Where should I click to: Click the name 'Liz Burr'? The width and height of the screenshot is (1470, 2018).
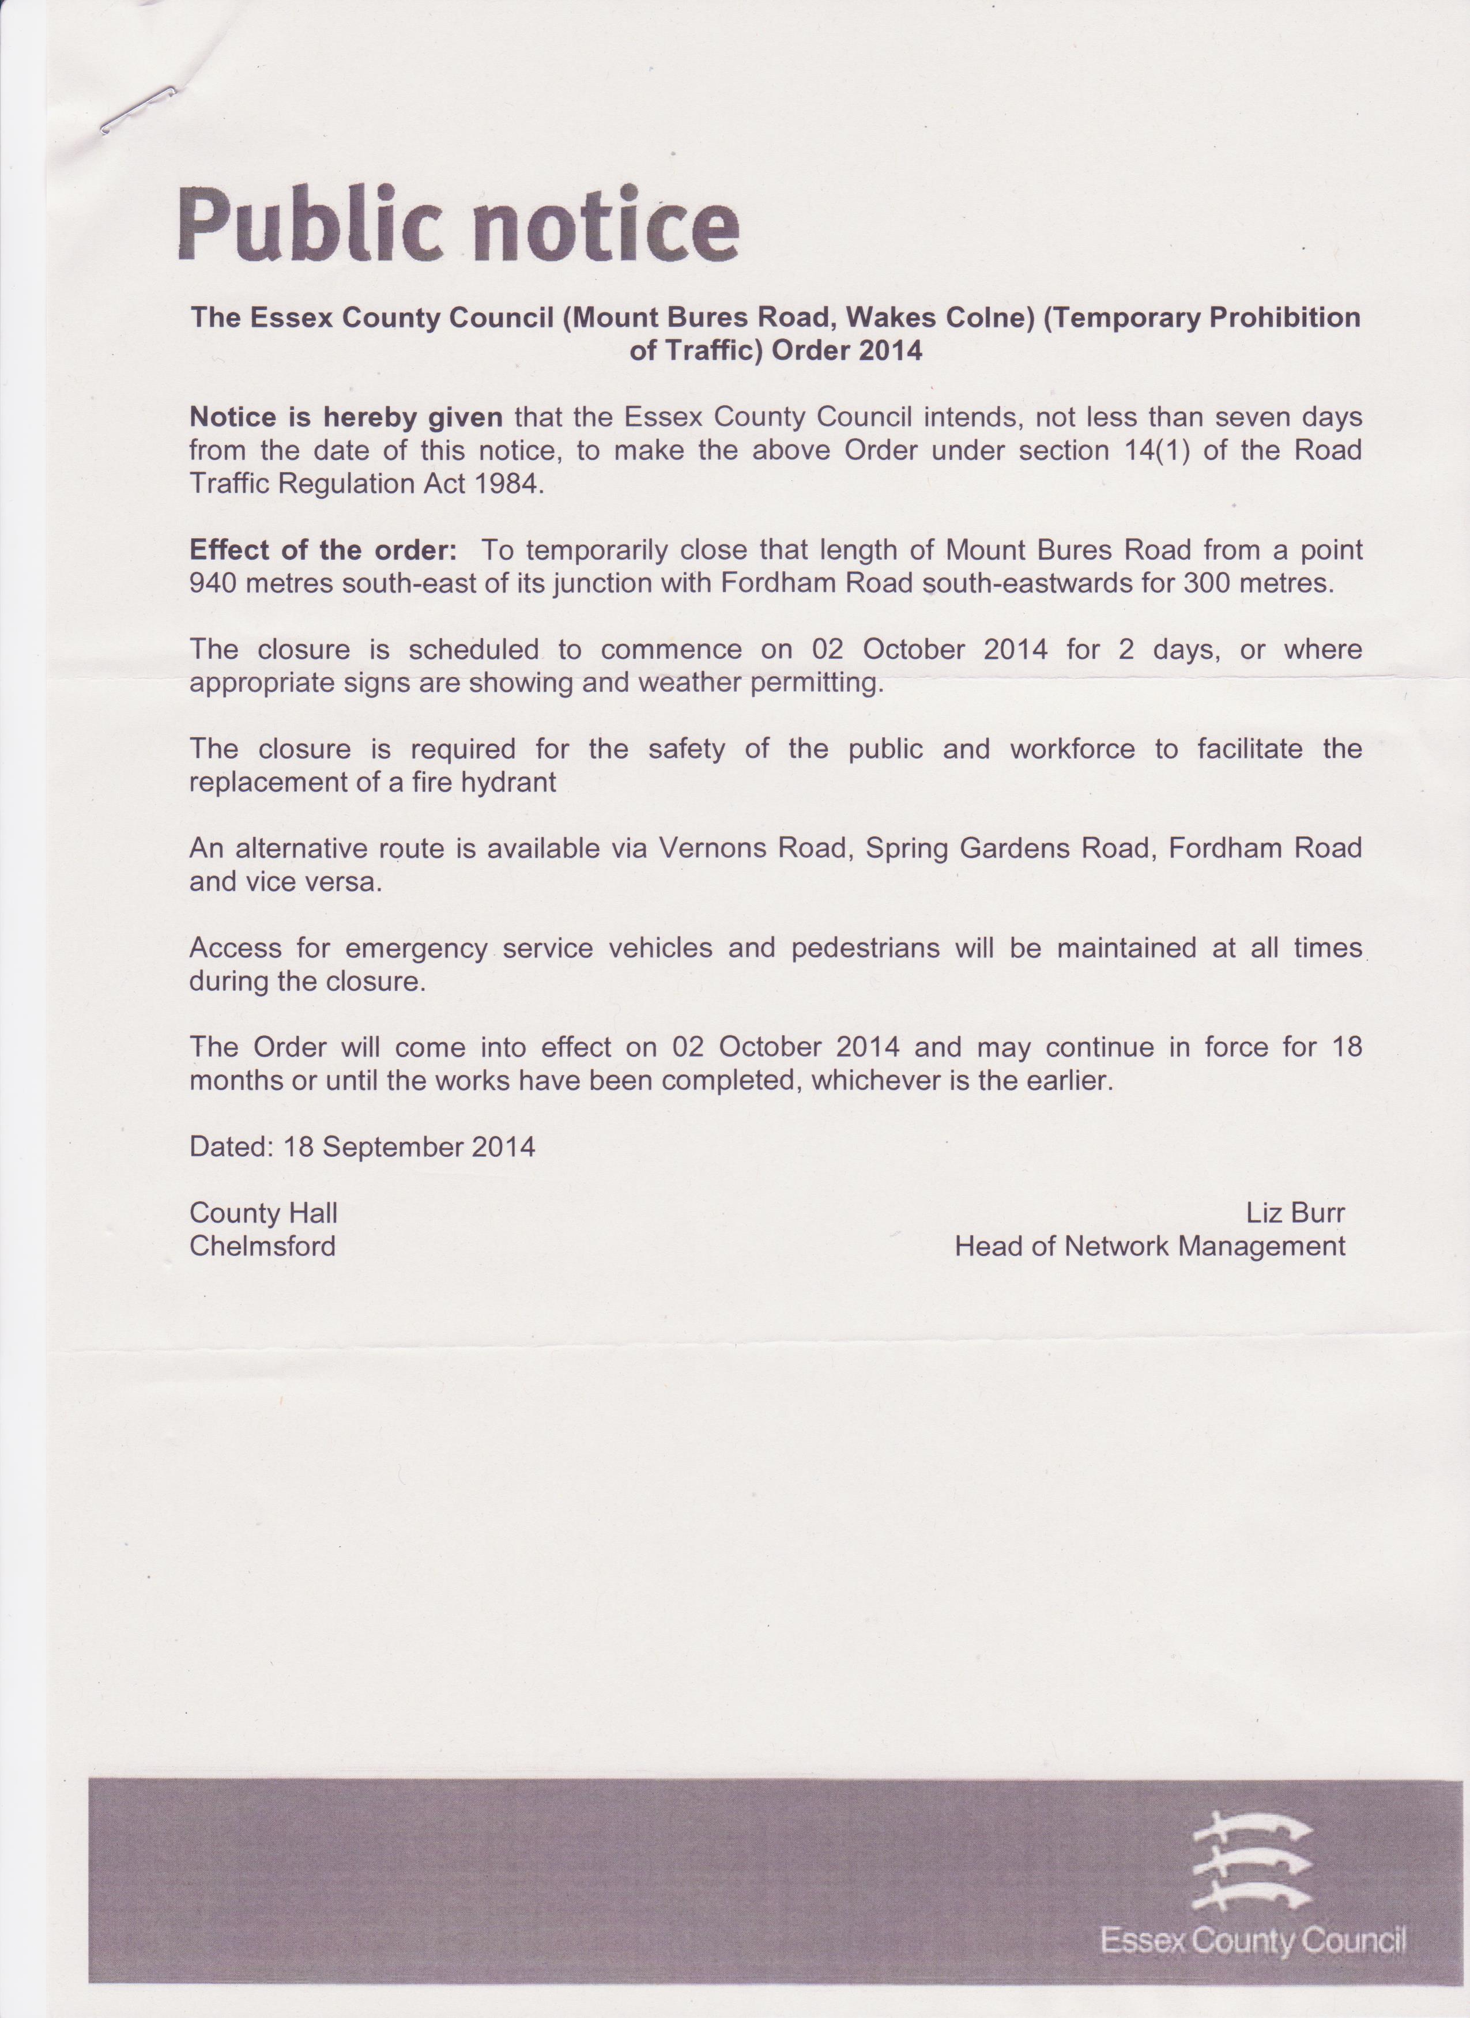pyautogui.click(x=1295, y=1213)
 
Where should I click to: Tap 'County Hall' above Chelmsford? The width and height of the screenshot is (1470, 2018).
pyautogui.click(x=263, y=1213)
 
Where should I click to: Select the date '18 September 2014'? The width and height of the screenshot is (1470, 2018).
pyautogui.click(x=409, y=1146)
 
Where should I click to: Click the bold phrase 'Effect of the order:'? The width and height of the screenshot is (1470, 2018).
pyautogui.click(x=324, y=550)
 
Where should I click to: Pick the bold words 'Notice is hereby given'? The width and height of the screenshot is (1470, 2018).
pyautogui.click(x=346, y=416)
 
